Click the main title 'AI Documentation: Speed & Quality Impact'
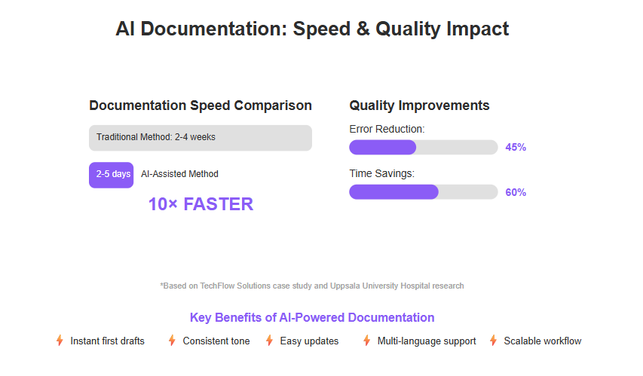coord(312,29)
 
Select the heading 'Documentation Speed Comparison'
coord(201,105)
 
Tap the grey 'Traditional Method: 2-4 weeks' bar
coord(201,138)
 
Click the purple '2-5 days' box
coord(111,175)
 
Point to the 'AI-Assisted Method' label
coord(179,174)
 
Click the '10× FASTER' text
coord(201,204)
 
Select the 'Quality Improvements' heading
coord(419,105)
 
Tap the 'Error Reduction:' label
coord(387,129)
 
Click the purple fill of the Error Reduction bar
coord(383,147)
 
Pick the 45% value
coord(516,147)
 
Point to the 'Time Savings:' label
coord(381,173)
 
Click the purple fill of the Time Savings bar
coord(393,192)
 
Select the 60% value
coord(516,192)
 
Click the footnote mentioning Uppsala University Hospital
coord(312,286)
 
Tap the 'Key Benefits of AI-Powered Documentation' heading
coord(312,317)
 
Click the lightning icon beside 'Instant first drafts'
coord(60,341)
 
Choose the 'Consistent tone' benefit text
coord(216,341)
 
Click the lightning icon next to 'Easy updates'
coord(269,341)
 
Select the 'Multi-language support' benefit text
coord(427,341)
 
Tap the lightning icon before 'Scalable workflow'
coord(493,341)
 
